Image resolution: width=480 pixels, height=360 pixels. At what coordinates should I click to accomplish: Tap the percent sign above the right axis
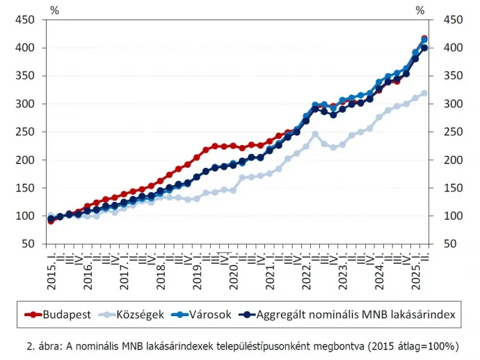coord(419,10)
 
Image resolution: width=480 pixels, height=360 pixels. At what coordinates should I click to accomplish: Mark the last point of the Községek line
coord(424,93)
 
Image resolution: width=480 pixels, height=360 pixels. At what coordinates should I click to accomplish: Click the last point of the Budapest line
coord(424,39)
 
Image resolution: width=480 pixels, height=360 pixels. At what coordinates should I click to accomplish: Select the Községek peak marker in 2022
coord(315,134)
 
